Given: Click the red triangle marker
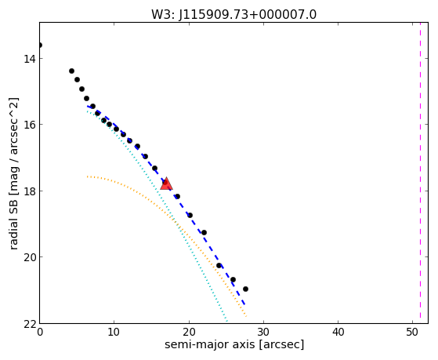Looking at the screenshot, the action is point(166,184).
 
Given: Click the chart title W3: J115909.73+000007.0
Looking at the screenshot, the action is point(233,14).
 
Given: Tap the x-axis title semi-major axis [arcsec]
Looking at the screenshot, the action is point(234,344).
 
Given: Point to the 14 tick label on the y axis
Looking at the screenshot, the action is point(28,59).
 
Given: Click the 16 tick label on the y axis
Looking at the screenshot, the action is point(28,125).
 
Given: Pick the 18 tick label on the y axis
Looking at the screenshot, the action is point(28,191).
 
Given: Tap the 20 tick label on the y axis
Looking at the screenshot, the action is point(28,257).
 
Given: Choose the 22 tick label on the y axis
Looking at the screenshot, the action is point(28,324).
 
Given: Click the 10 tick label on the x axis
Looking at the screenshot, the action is point(114,333).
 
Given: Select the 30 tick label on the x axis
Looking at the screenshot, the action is point(263,333).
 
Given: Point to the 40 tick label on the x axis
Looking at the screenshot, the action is point(338,333).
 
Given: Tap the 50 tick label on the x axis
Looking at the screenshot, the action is point(413,333).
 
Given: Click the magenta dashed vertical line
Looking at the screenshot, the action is point(421,173).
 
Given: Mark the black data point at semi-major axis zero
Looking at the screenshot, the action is point(40,45).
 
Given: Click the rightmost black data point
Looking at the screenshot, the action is point(245,289).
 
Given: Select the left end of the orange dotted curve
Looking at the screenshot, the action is point(88,176).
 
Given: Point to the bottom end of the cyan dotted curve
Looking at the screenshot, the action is point(227,322).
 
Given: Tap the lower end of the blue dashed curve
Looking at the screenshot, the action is point(244,304).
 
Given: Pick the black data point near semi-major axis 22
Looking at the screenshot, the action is point(204,232).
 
